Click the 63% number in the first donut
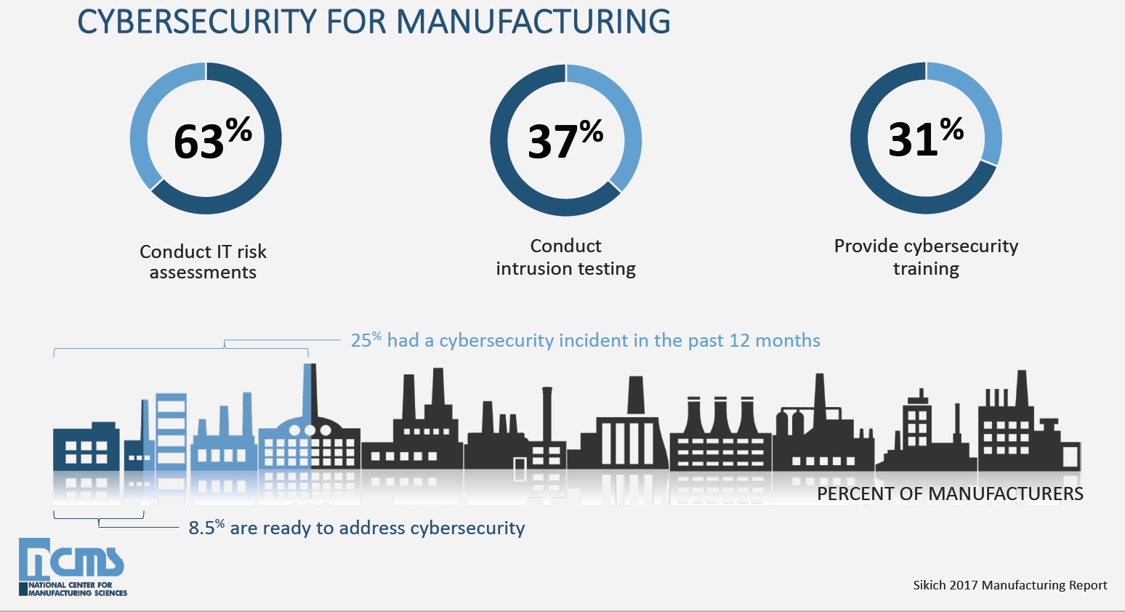[198, 141]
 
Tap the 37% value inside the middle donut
[553, 141]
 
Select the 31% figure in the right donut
[913, 139]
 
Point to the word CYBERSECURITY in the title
[197, 22]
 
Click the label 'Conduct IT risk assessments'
[203, 262]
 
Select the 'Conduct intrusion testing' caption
[565, 257]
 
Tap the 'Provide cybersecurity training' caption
[926, 257]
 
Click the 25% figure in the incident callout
[365, 340]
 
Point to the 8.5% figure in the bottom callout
[206, 528]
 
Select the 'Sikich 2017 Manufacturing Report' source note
[1009, 585]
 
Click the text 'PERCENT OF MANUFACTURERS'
[950, 494]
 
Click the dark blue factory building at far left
[86, 447]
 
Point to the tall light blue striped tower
[172, 429]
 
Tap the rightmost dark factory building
[1028, 436]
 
